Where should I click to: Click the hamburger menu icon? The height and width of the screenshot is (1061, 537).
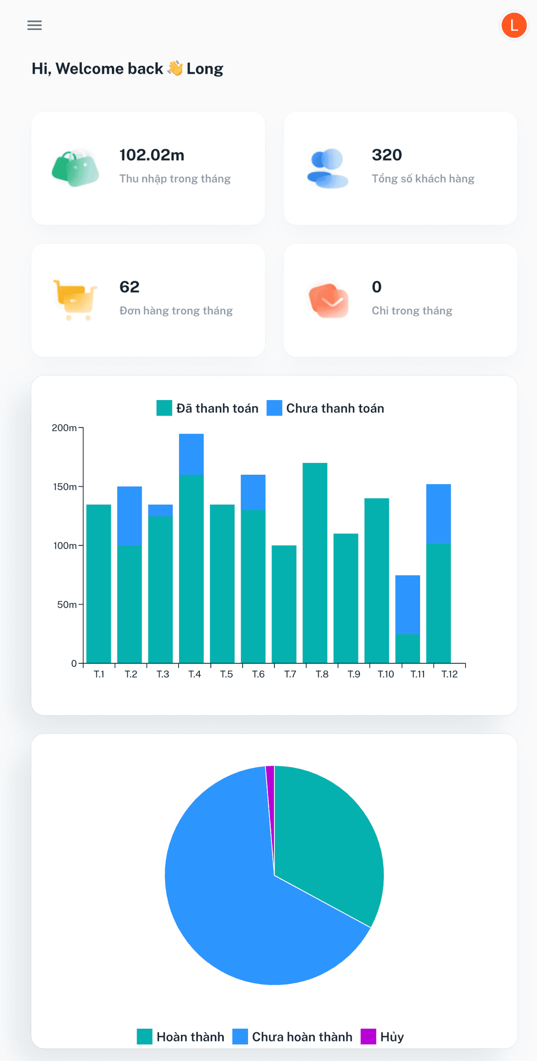[34, 25]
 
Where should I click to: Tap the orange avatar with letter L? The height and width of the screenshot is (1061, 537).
[514, 25]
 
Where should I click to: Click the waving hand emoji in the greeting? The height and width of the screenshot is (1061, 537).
[175, 68]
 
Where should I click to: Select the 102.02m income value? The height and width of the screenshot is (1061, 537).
[152, 155]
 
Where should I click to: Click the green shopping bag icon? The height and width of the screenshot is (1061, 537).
[76, 168]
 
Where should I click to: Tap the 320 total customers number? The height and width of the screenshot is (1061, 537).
[387, 155]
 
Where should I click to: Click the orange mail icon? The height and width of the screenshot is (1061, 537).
[328, 300]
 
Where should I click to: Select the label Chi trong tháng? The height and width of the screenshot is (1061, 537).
[412, 311]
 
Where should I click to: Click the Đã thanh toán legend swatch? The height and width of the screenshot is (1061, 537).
[164, 408]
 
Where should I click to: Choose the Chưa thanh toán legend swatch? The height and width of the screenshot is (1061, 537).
[274, 408]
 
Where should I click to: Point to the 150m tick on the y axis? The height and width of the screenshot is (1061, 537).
[65, 487]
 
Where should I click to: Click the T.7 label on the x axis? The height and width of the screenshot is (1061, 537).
[290, 674]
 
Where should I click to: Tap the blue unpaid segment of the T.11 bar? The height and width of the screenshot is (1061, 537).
[408, 604]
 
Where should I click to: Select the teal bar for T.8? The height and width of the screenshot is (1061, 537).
[315, 562]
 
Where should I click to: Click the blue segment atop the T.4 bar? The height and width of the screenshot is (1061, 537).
[191, 454]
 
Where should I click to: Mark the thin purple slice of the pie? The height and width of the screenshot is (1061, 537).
[270, 796]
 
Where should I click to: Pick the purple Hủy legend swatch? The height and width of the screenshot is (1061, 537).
[368, 1037]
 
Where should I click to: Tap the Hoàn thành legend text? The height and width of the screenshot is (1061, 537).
[190, 1037]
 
